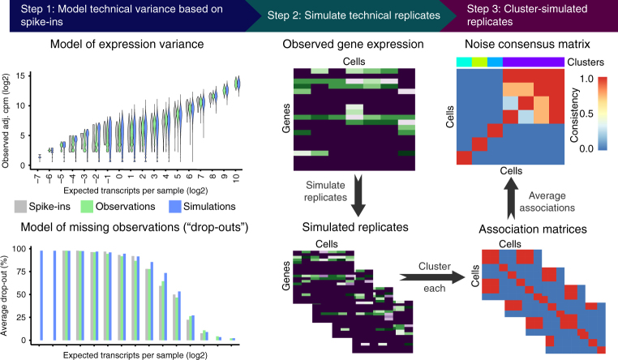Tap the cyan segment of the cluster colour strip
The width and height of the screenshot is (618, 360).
pos(463,62)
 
